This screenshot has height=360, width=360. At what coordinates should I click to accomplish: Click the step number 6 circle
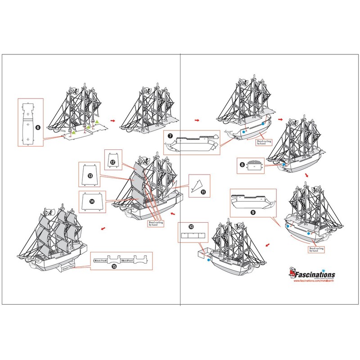38,127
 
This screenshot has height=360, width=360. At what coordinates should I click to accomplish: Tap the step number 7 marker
170,135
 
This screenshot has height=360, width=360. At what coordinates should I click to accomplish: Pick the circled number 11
203,192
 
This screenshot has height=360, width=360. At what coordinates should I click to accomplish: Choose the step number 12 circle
113,162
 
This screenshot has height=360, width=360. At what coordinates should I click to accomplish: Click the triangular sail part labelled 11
195,185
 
